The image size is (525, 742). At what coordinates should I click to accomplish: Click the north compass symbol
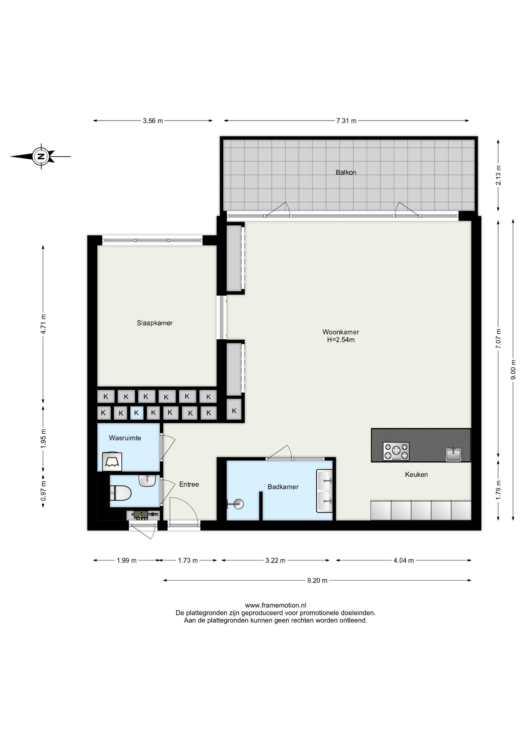coord(41,157)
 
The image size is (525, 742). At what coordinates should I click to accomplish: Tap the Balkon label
coord(346,172)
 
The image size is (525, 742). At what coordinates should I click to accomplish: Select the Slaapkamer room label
coord(155,323)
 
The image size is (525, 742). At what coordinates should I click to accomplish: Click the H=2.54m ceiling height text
coord(341,340)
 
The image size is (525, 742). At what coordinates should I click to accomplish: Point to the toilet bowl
coord(121,493)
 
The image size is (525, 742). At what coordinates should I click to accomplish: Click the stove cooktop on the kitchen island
coord(396,451)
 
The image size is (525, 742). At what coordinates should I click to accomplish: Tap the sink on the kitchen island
coord(453,454)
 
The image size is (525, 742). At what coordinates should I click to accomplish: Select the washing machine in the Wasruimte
coord(112,461)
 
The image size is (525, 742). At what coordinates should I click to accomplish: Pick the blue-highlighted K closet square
coord(136,413)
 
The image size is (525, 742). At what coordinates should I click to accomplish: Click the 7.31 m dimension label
coord(346,121)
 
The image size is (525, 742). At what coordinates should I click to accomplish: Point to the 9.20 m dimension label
coord(317,580)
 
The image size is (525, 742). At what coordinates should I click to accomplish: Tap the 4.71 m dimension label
coord(43,324)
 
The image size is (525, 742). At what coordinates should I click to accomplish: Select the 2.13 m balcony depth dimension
coord(498,175)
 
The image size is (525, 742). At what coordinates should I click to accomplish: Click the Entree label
coord(189,484)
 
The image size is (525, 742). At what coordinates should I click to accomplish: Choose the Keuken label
coord(416,474)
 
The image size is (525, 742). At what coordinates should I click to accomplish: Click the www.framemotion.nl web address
coord(275,605)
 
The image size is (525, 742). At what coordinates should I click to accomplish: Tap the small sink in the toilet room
coord(147,480)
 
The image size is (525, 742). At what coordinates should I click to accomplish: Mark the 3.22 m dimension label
coord(275,560)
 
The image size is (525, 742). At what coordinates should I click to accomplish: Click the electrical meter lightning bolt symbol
coord(140,516)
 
